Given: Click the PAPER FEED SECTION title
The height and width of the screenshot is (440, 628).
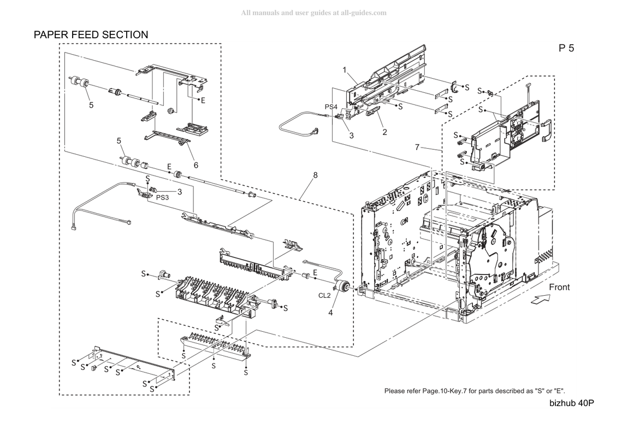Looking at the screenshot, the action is point(91,35).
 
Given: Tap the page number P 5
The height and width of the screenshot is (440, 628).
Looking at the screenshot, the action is point(566,48).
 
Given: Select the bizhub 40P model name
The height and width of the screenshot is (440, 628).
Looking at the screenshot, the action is point(572,403).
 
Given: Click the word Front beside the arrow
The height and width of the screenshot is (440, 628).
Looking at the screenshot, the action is point(559,288).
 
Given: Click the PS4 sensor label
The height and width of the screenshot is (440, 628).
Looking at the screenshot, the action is point(331,107).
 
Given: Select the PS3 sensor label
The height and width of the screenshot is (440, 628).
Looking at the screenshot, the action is point(162,197).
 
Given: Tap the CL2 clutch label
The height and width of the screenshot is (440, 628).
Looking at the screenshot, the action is point(324,296).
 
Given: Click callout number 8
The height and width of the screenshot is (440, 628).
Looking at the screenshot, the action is point(316,175).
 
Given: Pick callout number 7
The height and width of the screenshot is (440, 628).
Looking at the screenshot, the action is point(417,148).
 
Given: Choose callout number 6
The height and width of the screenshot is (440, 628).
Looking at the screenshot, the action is point(196,165).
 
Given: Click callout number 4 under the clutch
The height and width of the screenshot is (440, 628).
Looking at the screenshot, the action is point(330,313).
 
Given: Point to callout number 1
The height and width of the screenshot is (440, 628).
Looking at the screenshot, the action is point(345,70).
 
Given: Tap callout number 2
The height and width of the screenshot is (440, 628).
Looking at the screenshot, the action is point(385,132).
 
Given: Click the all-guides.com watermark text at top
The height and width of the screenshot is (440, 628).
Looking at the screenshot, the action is point(313,13).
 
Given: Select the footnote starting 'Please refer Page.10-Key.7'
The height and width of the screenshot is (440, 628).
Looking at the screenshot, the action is point(475,391).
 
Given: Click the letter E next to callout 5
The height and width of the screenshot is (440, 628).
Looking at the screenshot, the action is point(169,167).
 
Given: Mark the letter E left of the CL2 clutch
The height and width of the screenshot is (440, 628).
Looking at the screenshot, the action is point(315,273).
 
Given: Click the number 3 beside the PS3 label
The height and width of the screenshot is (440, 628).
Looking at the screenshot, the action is point(180,192).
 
